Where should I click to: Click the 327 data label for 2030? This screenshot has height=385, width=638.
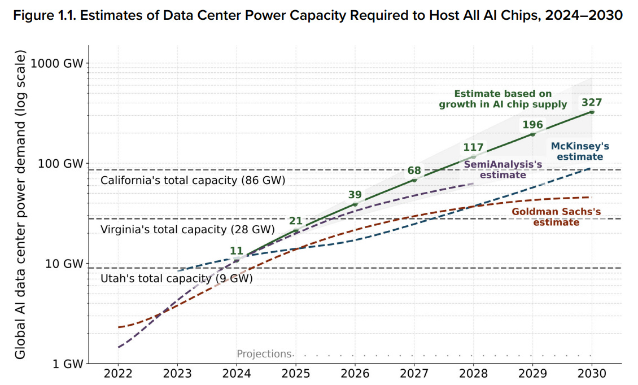[592, 102]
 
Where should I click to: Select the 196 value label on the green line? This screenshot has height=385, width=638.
[532, 124]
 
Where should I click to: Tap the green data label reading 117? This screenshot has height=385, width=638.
[473, 147]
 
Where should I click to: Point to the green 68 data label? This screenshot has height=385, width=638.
[414, 170]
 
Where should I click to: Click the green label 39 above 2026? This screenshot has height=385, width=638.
[355, 194]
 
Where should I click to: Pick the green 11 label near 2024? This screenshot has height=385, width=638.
[237, 251]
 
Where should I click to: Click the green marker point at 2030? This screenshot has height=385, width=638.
[592, 112]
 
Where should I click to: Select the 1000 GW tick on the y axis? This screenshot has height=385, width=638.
[57, 63]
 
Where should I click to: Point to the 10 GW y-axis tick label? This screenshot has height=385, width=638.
[63, 264]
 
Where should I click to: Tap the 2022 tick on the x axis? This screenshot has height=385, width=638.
[118, 374]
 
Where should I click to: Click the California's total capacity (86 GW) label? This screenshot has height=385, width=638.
[193, 181]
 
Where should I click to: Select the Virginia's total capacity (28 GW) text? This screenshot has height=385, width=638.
[187, 230]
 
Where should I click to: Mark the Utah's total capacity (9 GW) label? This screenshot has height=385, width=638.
[176, 278]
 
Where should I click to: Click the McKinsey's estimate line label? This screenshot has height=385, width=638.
[576, 151]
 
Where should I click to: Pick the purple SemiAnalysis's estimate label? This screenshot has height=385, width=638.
[502, 169]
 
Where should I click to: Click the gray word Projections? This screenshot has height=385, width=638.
[264, 354]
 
